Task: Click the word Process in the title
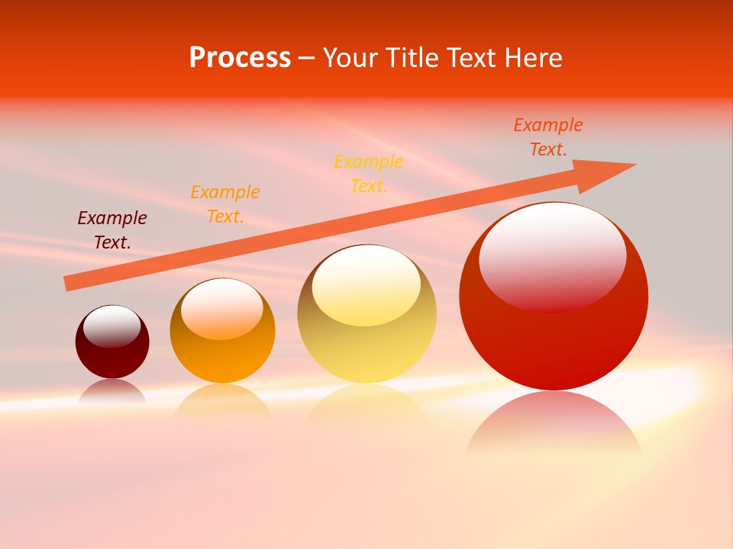coord(240,58)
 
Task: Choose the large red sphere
coord(554,343)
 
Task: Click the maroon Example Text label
coord(112,230)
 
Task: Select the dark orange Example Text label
coord(225,204)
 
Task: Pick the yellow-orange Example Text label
coord(369,174)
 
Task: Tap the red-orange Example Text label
coord(548,137)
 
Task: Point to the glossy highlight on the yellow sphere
coord(366,285)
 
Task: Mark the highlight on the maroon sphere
coord(112,326)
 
